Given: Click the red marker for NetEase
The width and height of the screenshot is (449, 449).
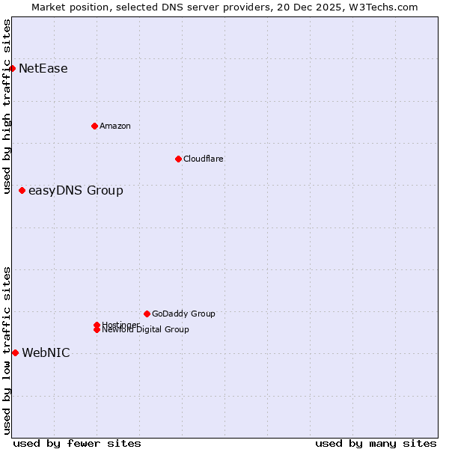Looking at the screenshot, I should pos(12,68).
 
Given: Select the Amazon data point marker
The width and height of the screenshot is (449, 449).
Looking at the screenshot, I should pos(94,126).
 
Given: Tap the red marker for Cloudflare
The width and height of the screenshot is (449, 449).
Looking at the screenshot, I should pos(178,159).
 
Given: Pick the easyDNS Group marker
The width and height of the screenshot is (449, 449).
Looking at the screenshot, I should pos(22,190).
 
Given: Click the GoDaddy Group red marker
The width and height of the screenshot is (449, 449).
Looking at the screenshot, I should pos(147,314).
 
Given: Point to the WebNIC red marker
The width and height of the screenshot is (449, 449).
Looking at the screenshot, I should pos(15,352).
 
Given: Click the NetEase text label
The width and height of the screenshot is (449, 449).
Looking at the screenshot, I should pos(43,69).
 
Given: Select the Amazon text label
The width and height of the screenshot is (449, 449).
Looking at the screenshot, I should pos(115,126).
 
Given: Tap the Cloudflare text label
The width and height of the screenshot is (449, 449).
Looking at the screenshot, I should pos(204,159).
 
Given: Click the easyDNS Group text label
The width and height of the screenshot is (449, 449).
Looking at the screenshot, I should pos(76,191).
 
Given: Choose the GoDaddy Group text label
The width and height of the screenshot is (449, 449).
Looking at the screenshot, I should pos(183,314).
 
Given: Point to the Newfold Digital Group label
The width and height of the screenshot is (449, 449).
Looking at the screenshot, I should pos(146,330).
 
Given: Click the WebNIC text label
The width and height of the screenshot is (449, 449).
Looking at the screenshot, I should pos(46,353).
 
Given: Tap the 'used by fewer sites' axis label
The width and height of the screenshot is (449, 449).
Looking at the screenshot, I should pos(77,444).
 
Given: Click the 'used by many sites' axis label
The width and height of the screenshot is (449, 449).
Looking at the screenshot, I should pos(376,444).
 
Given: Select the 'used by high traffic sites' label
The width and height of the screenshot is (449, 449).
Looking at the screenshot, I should pos(7,107).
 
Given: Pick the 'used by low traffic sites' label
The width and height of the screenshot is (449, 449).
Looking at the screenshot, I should pos(7,350).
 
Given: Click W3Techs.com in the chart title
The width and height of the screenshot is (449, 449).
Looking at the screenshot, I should pos(385,7).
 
